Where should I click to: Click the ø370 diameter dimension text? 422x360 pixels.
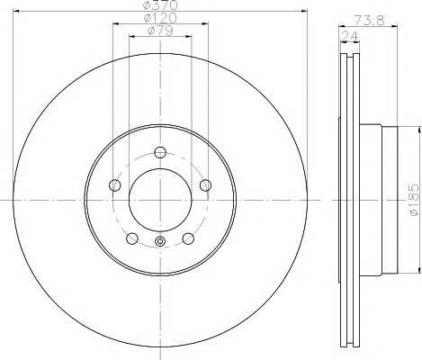(x=159, y=6)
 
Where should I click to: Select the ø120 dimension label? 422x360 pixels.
(x=159, y=18)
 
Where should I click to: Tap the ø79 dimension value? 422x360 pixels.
(x=159, y=31)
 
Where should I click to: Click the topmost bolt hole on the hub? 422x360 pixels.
(x=160, y=152)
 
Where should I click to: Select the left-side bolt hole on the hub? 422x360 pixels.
(x=114, y=185)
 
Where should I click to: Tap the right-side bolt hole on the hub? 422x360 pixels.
(x=205, y=185)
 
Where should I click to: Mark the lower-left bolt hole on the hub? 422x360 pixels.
(x=132, y=238)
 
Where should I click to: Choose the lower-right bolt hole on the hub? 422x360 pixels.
(x=188, y=238)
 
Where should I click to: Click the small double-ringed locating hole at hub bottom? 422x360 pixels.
(x=160, y=240)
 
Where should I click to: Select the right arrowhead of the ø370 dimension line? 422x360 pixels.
(x=306, y=13)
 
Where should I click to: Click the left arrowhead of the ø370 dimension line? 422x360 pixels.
(x=13, y=13)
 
